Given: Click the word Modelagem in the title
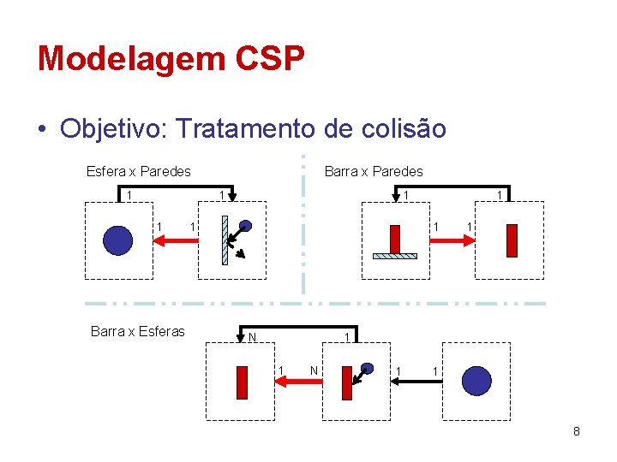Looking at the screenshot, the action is [x=119, y=59].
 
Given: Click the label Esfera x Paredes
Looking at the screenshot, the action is [x=138, y=171].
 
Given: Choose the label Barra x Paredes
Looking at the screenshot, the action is [x=374, y=171].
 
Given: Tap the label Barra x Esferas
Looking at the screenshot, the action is [x=137, y=332].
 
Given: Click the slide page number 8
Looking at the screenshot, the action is [x=577, y=431].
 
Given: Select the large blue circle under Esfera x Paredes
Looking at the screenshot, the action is [x=117, y=240].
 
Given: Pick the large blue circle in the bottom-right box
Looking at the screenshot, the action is [x=476, y=381].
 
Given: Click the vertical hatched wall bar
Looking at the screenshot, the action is [x=225, y=240].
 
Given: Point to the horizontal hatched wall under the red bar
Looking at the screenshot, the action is [x=395, y=255].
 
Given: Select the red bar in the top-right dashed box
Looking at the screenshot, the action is [x=512, y=240].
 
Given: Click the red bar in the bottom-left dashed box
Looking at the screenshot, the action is [x=242, y=383].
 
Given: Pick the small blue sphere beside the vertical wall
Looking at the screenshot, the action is [x=245, y=227].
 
